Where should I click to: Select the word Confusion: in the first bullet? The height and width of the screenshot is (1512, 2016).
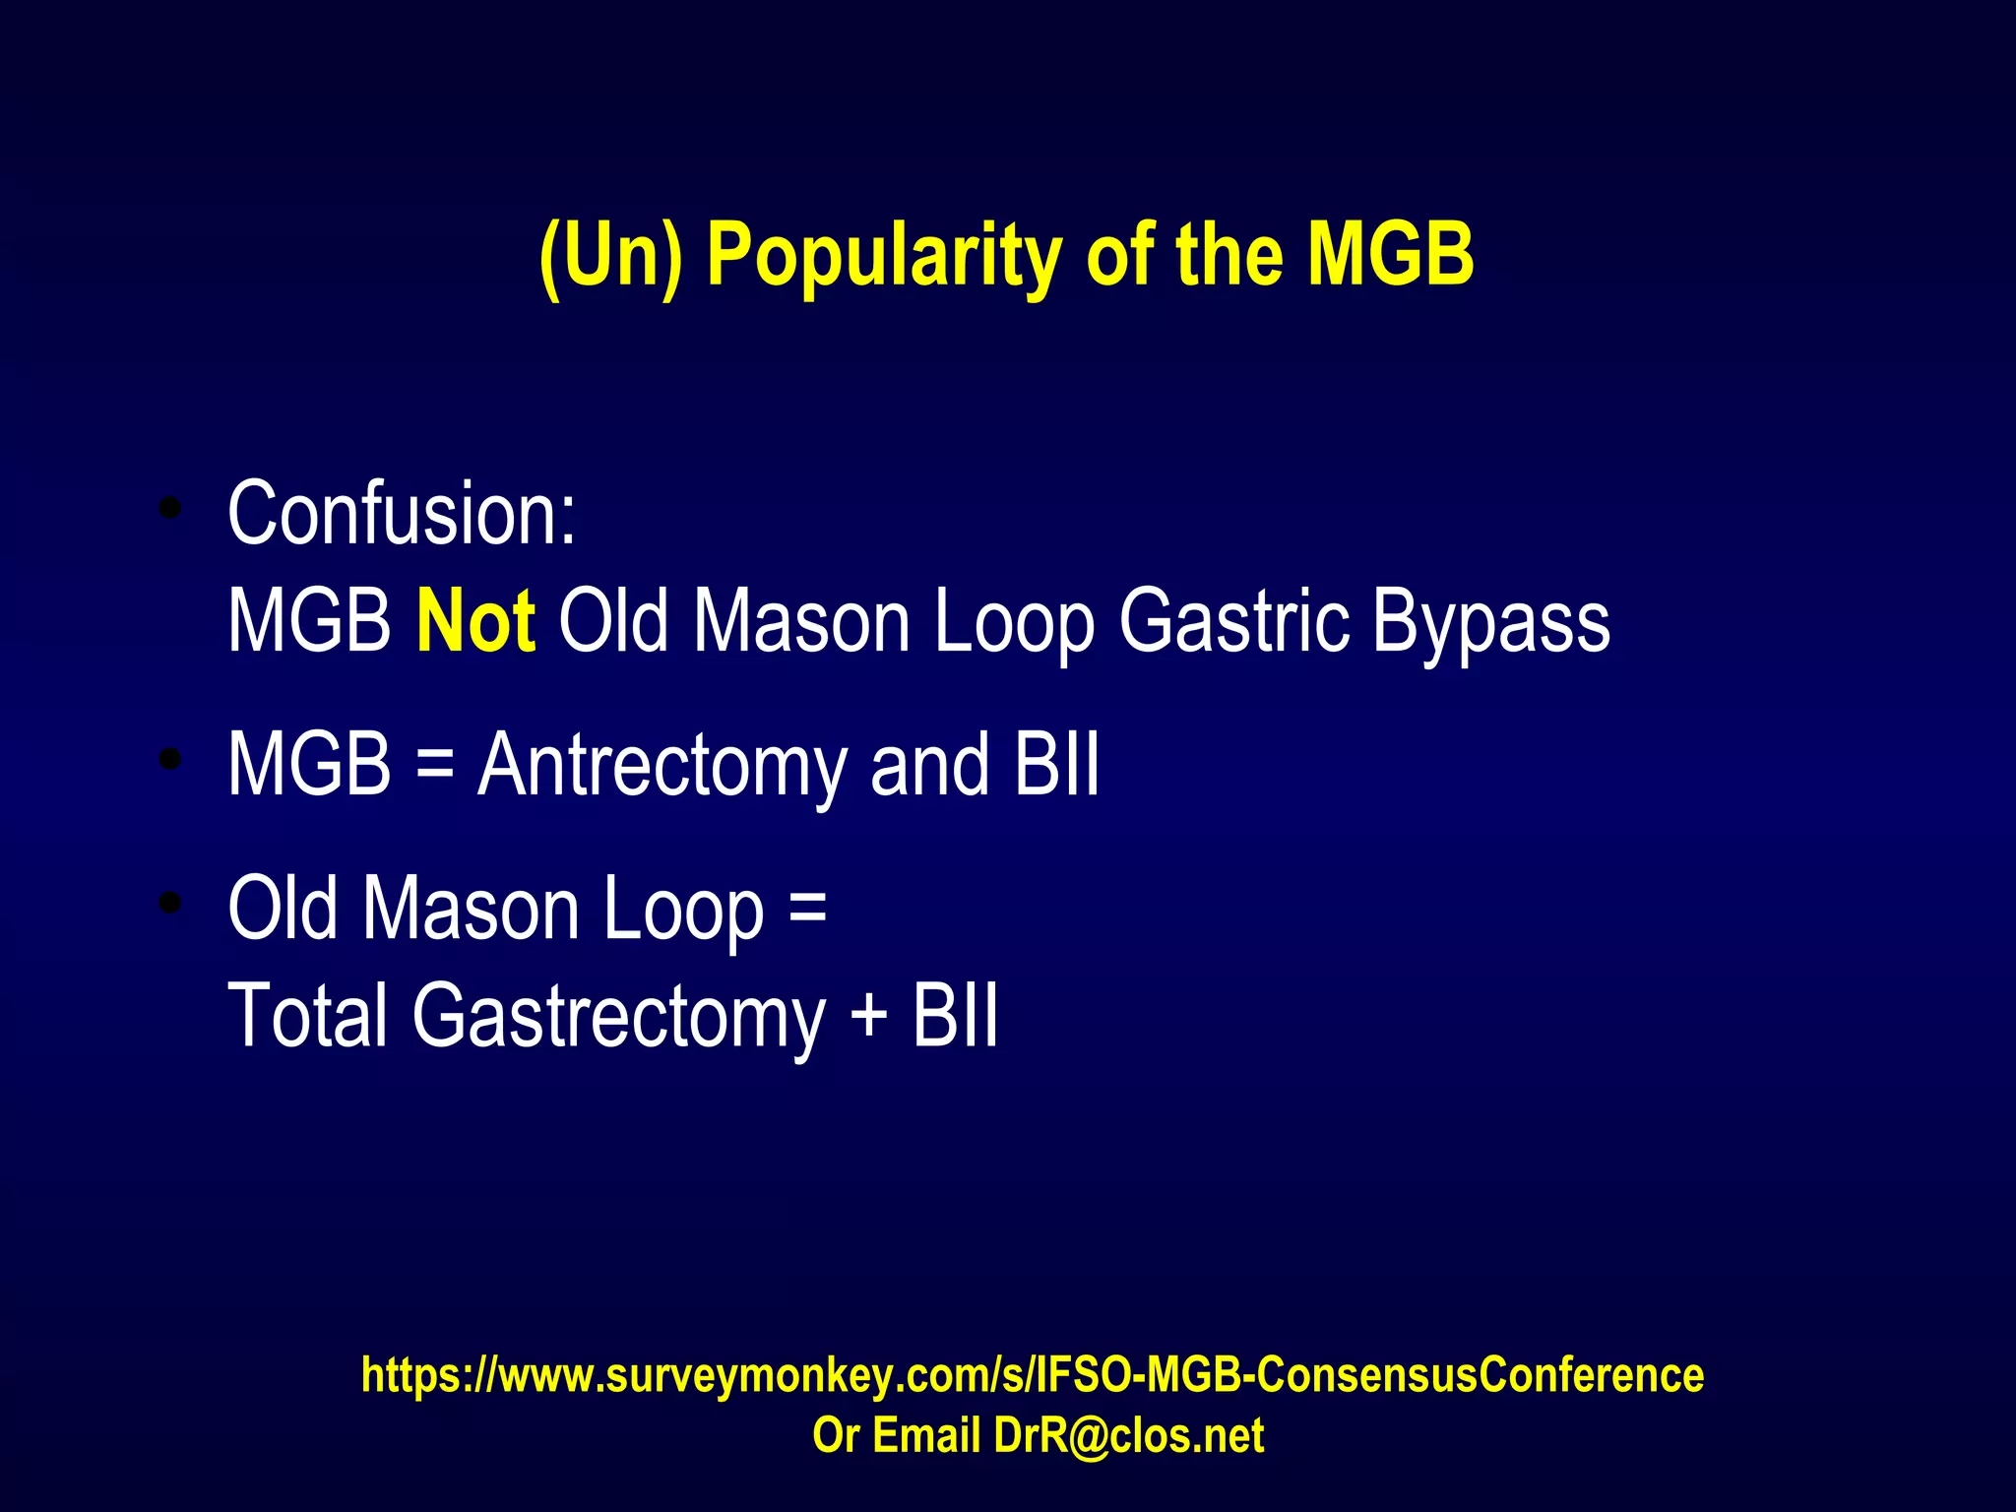[402, 514]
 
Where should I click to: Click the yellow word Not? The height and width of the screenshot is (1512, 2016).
[475, 620]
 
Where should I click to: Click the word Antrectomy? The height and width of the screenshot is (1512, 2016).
[661, 766]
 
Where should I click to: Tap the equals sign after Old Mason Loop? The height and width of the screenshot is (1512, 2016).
[807, 908]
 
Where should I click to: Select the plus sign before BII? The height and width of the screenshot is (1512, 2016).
[868, 1015]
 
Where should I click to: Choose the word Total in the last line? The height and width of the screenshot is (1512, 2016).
[307, 1015]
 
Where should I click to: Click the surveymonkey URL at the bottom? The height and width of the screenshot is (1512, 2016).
[1032, 1375]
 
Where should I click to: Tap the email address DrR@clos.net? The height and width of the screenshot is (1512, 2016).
[1128, 1436]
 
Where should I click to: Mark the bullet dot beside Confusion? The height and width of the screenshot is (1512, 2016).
[171, 509]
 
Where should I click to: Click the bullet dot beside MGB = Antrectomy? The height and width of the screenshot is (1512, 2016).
[171, 759]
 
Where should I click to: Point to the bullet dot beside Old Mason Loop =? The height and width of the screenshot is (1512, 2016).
[171, 903]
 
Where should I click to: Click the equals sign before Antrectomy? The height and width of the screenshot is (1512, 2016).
[434, 766]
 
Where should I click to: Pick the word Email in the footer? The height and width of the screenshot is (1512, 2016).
[925, 1436]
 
